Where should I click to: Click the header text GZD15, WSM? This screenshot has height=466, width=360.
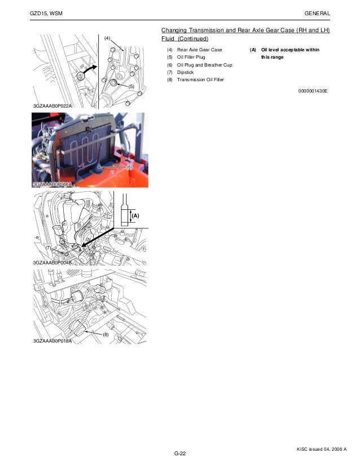(x=46, y=14)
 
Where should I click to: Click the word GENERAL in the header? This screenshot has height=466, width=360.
(x=317, y=14)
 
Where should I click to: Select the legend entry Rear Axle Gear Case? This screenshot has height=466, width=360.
(x=200, y=50)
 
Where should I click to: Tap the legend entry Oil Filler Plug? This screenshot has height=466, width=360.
(x=191, y=57)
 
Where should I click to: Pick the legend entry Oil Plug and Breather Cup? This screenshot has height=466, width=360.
(x=204, y=65)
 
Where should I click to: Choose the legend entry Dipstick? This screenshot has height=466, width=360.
(x=185, y=72)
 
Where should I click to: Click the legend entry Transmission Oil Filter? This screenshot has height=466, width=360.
(x=200, y=80)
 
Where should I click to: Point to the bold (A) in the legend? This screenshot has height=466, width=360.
(x=253, y=50)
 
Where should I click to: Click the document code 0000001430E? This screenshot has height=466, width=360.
(x=313, y=91)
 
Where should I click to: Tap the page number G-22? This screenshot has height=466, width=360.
(x=180, y=454)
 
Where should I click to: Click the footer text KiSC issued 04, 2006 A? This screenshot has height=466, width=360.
(x=322, y=449)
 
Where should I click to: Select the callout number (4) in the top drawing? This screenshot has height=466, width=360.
(x=107, y=38)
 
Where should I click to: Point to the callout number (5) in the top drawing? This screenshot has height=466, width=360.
(x=131, y=86)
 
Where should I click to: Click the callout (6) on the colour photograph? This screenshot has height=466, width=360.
(x=129, y=167)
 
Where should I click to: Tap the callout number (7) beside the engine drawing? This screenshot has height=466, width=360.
(x=48, y=248)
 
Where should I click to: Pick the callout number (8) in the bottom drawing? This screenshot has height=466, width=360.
(x=106, y=335)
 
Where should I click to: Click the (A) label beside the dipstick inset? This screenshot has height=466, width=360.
(x=135, y=216)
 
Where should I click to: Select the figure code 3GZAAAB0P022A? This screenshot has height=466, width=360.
(x=52, y=106)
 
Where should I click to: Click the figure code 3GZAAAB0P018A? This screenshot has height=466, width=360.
(x=52, y=341)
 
